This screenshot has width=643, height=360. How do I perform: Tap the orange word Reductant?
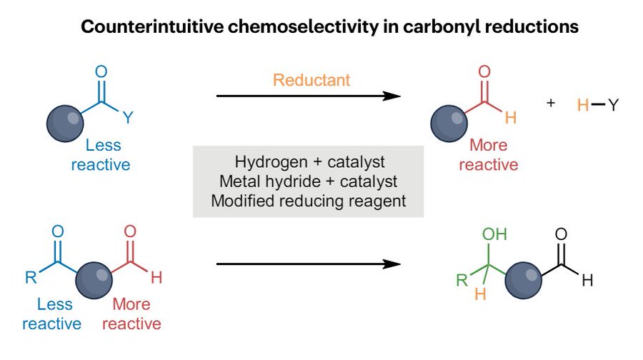311,79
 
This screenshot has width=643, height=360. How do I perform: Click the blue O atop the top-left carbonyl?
101,71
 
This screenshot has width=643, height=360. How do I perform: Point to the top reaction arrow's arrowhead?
392,95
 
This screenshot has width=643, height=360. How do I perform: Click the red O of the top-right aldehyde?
484,71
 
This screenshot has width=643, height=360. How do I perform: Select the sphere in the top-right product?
449,121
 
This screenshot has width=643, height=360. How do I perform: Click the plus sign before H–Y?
551,103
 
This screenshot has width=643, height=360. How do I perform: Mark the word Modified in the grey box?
241,201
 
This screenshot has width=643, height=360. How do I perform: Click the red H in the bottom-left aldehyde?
156,278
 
